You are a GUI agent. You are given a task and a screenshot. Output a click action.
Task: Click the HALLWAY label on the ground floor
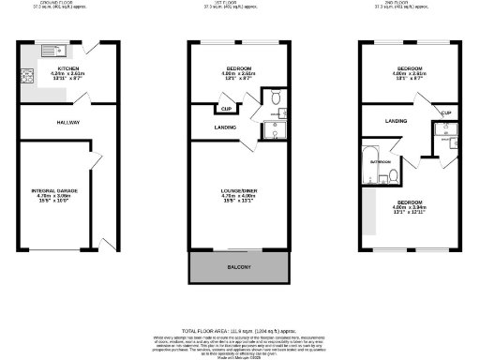click(x=67, y=123)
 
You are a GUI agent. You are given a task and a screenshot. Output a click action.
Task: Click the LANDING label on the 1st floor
click(x=225, y=127)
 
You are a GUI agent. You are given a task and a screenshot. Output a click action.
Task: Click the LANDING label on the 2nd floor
click(x=397, y=121)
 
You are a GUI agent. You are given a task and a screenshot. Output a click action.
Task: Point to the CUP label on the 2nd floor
click(x=445, y=114)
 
